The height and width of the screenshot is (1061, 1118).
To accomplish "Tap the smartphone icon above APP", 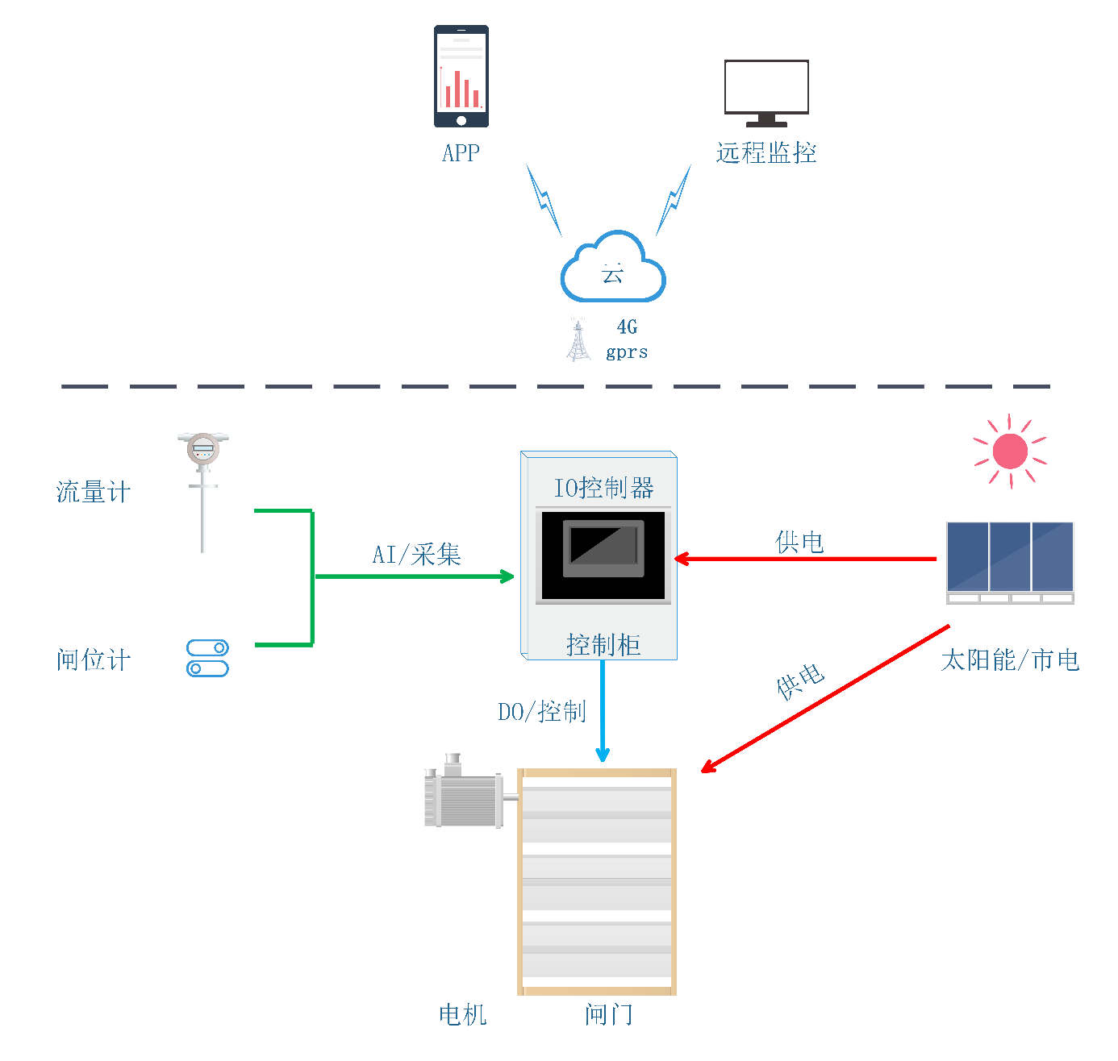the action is point(461,76).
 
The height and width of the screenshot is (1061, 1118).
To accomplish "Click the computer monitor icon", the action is point(766,94).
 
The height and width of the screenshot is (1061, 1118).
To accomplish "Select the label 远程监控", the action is point(766,152).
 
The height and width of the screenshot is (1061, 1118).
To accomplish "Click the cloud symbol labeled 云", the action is point(613,266).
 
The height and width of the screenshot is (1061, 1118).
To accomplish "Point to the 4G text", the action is point(627,327).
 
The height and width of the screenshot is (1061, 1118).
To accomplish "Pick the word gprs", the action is point(627,352).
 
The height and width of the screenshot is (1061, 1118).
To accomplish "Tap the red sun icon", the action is point(1010,451).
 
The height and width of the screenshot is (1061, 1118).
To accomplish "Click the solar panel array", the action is point(1010,562).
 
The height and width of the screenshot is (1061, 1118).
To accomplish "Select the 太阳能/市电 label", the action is point(1010,660).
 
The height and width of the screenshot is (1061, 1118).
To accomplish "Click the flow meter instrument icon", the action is point(203,493).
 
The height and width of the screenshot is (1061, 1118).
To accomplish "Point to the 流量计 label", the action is point(94,492).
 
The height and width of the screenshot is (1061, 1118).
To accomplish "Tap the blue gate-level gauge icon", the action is point(207,658).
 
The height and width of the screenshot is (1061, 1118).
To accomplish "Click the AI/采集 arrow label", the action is point(416,555).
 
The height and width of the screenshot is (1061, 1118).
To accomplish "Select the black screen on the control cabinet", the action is point(603,555).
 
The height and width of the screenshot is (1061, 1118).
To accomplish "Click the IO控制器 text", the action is point(604,488).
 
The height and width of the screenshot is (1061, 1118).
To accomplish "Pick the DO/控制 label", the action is point(542,711).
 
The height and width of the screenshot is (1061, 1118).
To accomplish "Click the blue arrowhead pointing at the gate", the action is point(603,755).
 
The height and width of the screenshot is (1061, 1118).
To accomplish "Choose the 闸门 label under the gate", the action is point(608,1014).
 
